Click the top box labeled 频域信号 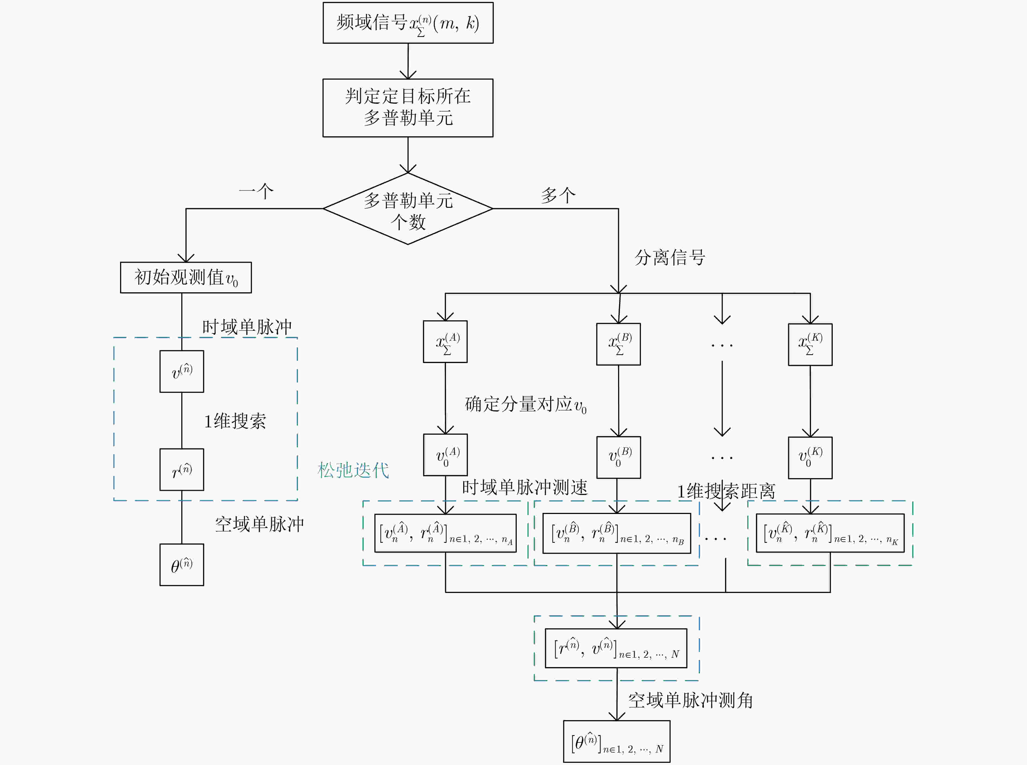(x=408, y=23)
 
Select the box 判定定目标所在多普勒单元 (x=408, y=108)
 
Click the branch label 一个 (x=256, y=191)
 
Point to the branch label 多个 (x=558, y=195)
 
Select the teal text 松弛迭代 (x=353, y=470)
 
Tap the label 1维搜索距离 (x=726, y=491)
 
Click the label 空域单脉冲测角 (x=690, y=700)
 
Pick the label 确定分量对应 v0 (x=525, y=404)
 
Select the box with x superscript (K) (x=810, y=344)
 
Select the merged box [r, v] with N (x=616, y=648)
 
